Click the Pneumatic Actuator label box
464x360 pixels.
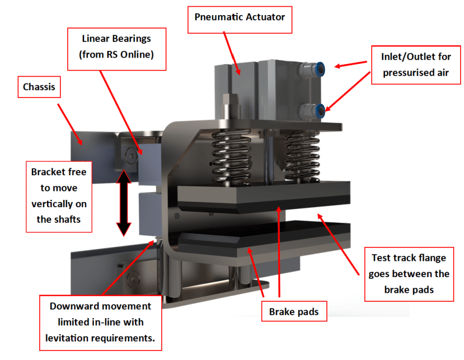[x=240, y=17]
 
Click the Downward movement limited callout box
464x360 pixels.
[x=100, y=322]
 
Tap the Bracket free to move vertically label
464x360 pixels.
[x=59, y=195]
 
